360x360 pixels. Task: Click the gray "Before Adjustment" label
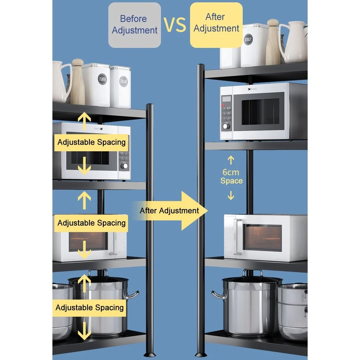134,25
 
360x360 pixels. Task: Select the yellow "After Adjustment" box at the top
216,23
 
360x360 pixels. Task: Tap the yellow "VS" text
175,24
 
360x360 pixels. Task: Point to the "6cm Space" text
231,176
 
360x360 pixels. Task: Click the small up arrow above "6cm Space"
231,160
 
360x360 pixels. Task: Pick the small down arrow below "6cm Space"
231,195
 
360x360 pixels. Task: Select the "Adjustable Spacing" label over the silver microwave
91,142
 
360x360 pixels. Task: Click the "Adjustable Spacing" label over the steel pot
90,307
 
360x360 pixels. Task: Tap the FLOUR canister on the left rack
96,85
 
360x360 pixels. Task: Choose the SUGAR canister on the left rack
120,87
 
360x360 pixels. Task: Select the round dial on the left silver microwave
124,166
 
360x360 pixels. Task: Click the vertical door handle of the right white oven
235,237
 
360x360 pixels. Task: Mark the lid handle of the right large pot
252,272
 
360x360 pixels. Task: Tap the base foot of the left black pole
149,354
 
